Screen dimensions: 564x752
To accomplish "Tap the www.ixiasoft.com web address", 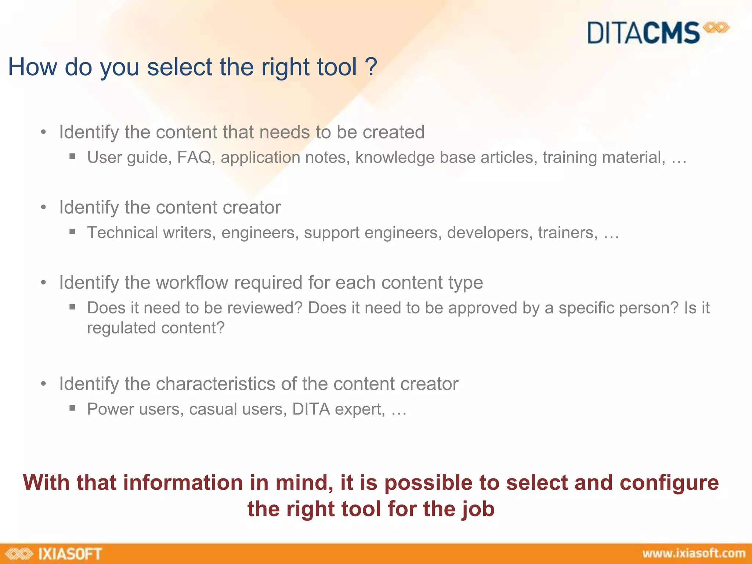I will [694, 553].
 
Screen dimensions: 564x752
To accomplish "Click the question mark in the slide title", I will [371, 67].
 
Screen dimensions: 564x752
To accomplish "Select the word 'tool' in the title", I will [337, 67].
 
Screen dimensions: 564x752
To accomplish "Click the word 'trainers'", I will [568, 233].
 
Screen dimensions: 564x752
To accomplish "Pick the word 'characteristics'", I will [216, 384].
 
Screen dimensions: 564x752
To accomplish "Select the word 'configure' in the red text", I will [669, 483].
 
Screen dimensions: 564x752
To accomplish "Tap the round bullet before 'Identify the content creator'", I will [44, 208].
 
